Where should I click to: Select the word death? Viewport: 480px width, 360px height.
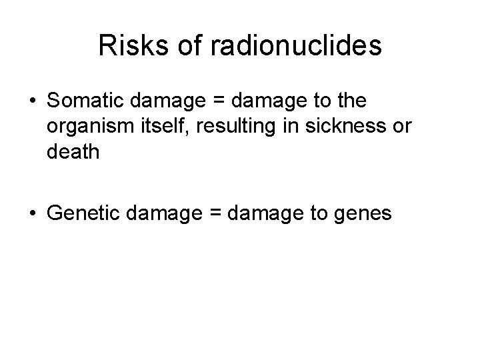click(x=73, y=153)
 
